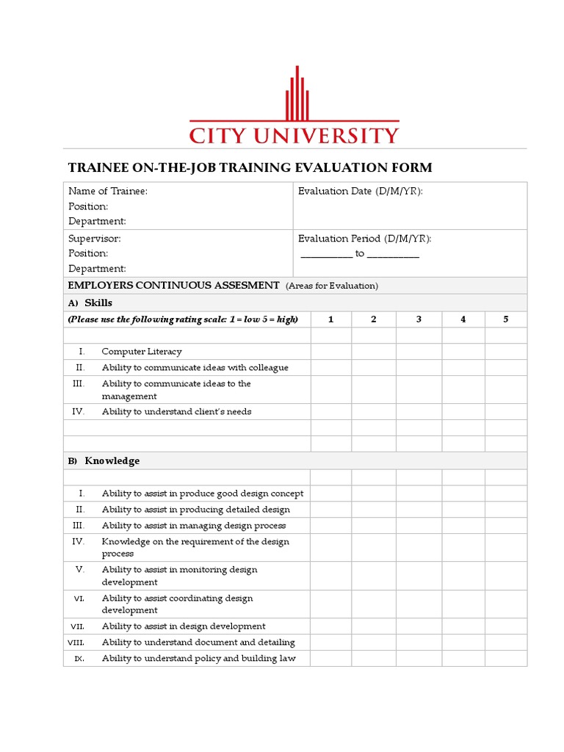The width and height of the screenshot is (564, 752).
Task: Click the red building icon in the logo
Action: [295, 94]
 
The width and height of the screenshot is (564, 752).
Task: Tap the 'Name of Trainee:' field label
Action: [107, 191]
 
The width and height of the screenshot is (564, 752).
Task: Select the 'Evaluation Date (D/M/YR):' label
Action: [360, 191]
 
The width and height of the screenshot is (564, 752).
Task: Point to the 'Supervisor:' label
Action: [94, 239]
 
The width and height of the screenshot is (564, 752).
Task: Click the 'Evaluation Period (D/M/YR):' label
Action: [364, 239]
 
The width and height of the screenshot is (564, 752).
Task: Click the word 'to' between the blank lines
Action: [360, 253]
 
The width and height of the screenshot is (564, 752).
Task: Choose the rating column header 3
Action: [419, 319]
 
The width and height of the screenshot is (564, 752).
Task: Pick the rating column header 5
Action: [505, 319]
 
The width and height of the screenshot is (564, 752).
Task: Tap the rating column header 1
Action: [330, 319]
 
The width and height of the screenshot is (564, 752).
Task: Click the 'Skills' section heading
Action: [98, 303]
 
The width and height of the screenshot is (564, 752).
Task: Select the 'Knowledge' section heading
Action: [112, 461]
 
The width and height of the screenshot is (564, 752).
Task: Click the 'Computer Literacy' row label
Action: [142, 352]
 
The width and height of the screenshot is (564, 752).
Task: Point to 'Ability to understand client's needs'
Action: [176, 412]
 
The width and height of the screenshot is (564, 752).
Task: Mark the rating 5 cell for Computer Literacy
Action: [505, 352]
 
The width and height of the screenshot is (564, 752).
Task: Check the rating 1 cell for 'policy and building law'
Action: [330, 659]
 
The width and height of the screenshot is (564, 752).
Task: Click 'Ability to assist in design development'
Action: [184, 626]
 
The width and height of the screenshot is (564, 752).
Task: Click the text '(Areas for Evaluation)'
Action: [332, 286]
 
